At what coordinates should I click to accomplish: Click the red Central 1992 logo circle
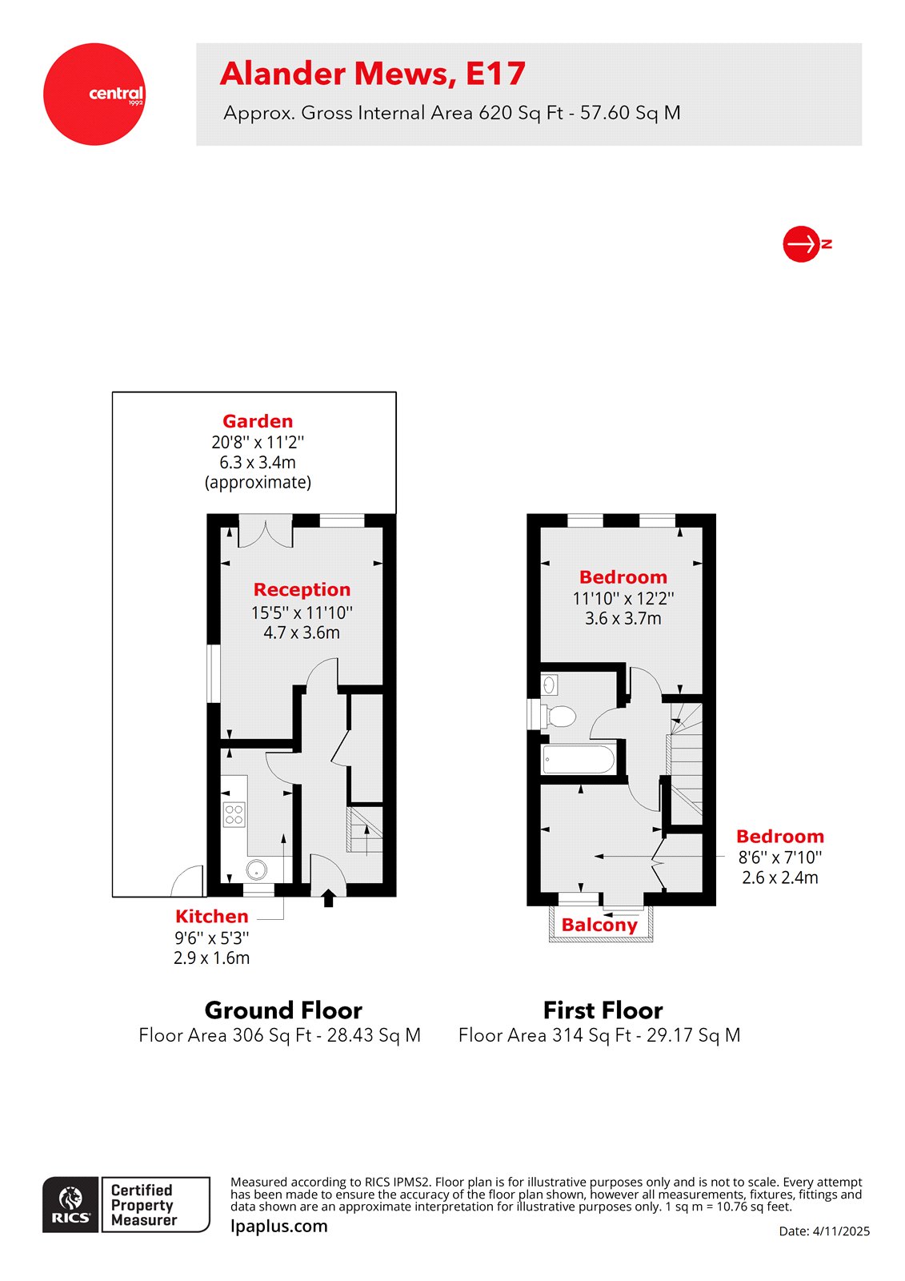pos(94,94)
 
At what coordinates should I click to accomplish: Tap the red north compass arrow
pos(801,243)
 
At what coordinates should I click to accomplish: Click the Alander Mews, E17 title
pos(372,74)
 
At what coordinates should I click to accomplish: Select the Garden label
pos(258,421)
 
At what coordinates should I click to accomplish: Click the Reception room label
pos(302,590)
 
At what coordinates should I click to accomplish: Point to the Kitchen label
pos(211,917)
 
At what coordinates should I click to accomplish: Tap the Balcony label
pos(599,926)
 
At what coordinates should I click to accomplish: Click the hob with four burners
pos(234,815)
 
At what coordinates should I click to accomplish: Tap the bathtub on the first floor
pos(579,759)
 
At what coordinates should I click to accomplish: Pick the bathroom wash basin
pos(549,685)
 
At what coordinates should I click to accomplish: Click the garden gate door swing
pos(189,881)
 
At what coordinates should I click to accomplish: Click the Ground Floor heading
pos(283,1010)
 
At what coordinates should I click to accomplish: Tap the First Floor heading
pos(603,1010)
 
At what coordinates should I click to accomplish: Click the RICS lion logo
pos(71,1204)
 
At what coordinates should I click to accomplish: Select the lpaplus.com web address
pos(278,1227)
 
